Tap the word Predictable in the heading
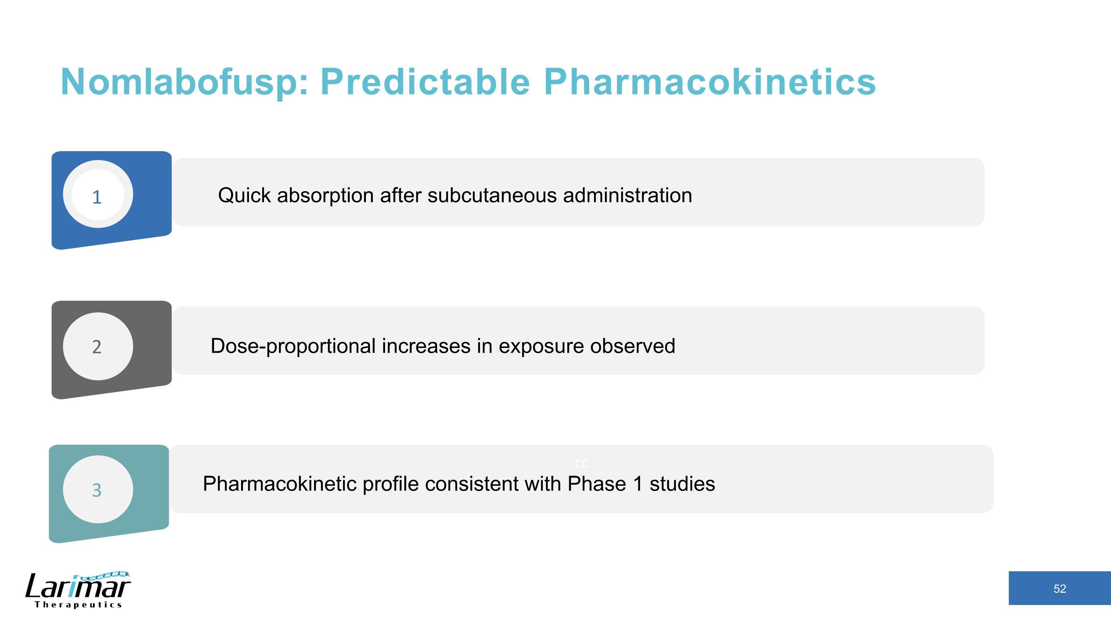pyautogui.click(x=425, y=82)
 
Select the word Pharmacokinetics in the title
pyautogui.click(x=710, y=82)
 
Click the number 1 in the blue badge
pyautogui.click(x=97, y=197)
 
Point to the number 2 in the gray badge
pyautogui.click(x=97, y=347)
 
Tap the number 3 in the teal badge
pyautogui.click(x=97, y=490)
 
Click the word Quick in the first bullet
pyautogui.click(x=244, y=195)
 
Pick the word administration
pyautogui.click(x=627, y=195)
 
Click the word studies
pyautogui.click(x=682, y=483)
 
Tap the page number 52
pyautogui.click(x=1059, y=589)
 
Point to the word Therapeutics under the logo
pyautogui.click(x=78, y=605)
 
